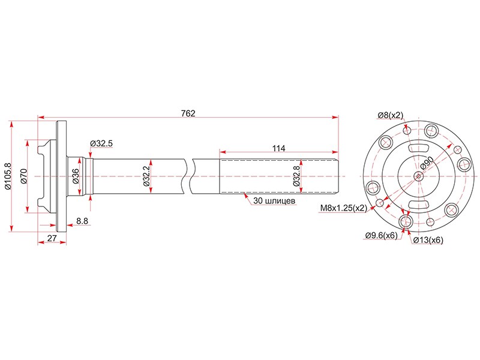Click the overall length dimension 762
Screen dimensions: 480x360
188,113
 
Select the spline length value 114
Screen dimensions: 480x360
278,148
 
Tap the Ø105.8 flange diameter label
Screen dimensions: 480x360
8,176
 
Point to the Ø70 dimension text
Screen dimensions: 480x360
24,176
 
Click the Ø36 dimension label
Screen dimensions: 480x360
76,176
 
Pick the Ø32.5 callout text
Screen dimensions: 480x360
101,143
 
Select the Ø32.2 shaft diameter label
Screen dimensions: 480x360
146,176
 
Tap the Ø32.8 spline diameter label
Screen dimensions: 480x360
296,176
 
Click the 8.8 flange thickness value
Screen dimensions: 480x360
82,221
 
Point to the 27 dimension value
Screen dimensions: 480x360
52,238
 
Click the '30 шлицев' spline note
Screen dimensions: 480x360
274,201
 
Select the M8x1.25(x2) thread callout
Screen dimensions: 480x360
343,208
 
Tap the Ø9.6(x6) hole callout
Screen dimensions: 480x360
381,235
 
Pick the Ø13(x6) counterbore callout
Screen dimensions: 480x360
428,240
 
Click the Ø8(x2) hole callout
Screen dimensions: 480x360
391,115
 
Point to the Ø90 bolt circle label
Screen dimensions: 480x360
427,163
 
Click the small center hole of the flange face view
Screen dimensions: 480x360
419,176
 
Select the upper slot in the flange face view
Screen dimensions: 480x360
418,148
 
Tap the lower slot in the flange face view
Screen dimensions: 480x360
418,204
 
